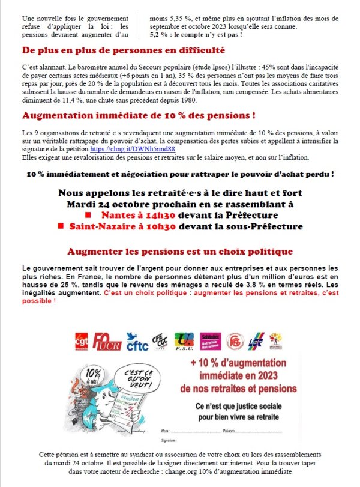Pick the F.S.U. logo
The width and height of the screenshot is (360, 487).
click(x=184, y=342)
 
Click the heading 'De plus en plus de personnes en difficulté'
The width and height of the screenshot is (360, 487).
click(x=124, y=50)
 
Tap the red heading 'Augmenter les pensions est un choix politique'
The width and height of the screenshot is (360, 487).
click(x=180, y=251)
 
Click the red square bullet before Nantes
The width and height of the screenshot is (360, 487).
click(x=88, y=215)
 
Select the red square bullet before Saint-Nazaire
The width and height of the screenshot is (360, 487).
click(x=61, y=226)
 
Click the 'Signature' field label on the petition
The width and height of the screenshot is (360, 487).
click(x=170, y=441)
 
